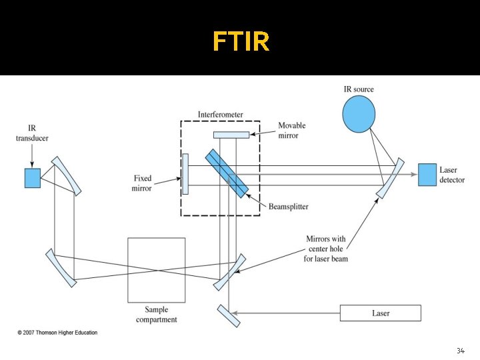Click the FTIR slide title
point(241,41)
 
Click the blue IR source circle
point(359,115)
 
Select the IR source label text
point(359,89)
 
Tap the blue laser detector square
point(427,175)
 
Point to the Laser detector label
point(452,175)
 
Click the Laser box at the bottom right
point(381,313)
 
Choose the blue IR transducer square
point(33,177)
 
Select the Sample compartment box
point(157,270)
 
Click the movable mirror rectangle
point(231,135)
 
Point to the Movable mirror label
point(292,130)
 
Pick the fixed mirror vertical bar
point(185,174)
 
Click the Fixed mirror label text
point(142,183)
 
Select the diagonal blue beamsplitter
point(227,173)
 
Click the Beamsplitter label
point(288,207)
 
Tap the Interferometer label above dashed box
point(220,115)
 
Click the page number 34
point(460,351)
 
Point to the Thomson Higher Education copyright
point(57,333)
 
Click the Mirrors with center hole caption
point(327,248)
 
